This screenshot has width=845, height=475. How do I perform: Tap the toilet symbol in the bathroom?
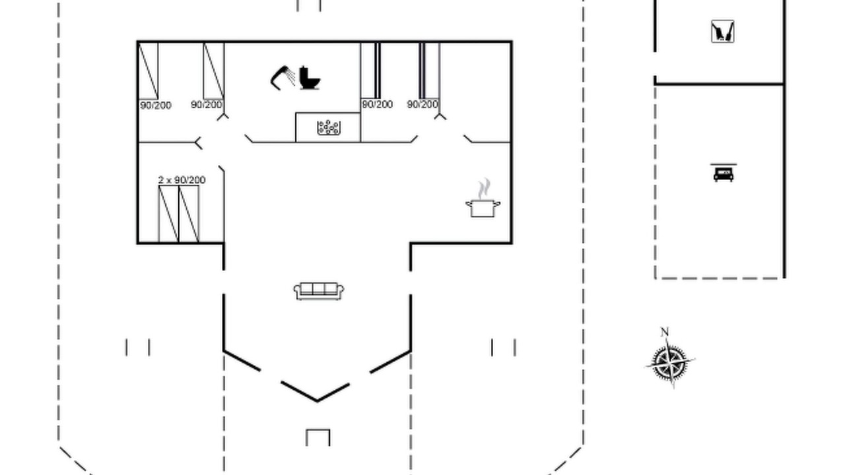click(310, 78)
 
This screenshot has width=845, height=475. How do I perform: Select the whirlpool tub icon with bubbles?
click(329, 128)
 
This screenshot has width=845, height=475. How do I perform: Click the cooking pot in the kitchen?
click(483, 208)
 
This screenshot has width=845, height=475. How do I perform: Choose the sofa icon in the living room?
click(319, 291)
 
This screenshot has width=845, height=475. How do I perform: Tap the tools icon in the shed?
click(723, 31)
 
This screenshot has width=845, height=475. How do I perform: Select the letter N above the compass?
click(665, 332)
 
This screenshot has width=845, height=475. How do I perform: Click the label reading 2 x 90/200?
click(182, 180)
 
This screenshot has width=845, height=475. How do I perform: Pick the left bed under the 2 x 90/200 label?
click(168, 214)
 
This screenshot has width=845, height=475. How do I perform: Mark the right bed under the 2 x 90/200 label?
click(189, 214)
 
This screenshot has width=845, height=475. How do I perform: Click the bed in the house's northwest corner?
click(149, 71)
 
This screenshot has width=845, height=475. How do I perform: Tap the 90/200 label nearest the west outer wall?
click(155, 105)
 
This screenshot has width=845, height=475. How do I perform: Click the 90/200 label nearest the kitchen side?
click(422, 104)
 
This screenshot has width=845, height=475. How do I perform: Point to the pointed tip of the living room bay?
click(317, 400)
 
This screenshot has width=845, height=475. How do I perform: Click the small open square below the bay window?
click(318, 437)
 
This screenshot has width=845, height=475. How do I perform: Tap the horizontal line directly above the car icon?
click(724, 164)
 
